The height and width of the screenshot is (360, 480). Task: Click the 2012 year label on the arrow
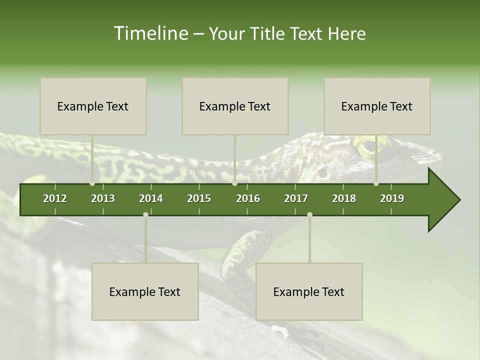coord(55,198)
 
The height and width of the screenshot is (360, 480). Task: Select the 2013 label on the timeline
coord(103,198)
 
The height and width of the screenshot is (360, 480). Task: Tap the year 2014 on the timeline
coord(151,198)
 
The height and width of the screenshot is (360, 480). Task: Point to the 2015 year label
coord(199,198)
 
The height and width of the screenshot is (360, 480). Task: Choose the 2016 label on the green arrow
coord(248,198)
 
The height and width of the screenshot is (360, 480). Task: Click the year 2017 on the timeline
coord(296,198)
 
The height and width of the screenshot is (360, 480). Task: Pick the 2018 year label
coord(344,198)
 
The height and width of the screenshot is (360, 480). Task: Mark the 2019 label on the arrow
coord(392,198)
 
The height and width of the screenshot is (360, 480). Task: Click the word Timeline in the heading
coord(150,33)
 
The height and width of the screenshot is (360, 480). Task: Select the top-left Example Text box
coord(93,106)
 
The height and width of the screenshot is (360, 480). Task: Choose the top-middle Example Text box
coord(235,106)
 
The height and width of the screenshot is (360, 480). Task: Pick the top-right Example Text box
coord(377,106)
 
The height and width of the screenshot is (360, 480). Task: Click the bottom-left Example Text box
coord(145,291)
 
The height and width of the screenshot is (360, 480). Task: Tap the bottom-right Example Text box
coord(309,291)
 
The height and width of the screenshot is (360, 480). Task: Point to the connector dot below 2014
coord(145,214)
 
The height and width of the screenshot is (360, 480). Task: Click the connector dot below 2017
coord(309,214)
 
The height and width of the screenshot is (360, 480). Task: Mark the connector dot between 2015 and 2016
coord(235,183)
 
